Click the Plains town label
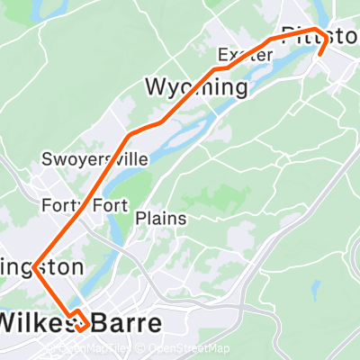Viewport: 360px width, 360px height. point(161,218)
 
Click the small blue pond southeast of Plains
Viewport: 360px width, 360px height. point(315,290)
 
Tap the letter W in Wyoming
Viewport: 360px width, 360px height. point(156,87)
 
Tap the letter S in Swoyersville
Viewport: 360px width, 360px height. point(47,159)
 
